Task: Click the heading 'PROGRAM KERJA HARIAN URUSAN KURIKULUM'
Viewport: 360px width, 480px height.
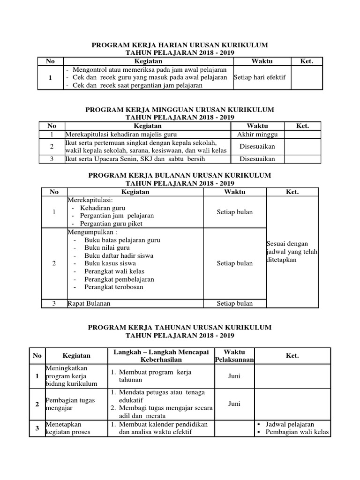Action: tap(180, 45)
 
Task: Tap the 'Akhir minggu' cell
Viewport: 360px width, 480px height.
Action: tap(257, 134)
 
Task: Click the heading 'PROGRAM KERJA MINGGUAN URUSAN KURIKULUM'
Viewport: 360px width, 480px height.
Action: tap(180, 109)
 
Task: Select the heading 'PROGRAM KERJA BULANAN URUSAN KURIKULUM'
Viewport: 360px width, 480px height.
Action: tap(180, 175)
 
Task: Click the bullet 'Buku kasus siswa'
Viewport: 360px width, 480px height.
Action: tap(107, 263)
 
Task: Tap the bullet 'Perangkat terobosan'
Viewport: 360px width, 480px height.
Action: tap(114, 287)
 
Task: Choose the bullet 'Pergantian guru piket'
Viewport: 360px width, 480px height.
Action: tap(112, 224)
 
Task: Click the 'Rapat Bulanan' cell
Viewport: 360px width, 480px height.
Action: tap(89, 303)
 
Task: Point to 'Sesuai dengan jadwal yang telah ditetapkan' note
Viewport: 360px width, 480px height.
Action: tap(292, 252)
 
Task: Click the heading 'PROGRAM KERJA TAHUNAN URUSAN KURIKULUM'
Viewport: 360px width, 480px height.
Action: tap(180, 327)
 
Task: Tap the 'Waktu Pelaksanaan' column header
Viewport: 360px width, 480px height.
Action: tap(234, 356)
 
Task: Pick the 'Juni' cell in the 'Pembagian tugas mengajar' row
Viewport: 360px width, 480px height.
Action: tap(234, 403)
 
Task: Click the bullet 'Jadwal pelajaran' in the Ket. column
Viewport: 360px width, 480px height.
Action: tap(290, 424)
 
